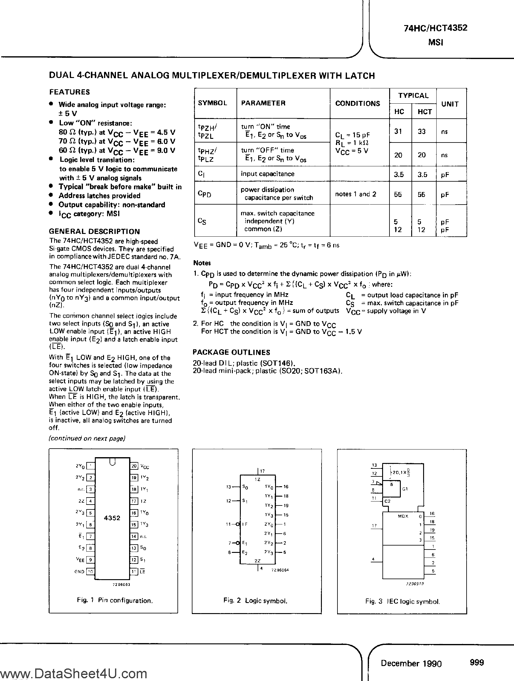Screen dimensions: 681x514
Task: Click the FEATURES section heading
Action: coord(69,92)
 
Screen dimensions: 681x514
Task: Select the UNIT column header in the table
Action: coord(450,104)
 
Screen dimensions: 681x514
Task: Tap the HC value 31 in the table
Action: coord(398,131)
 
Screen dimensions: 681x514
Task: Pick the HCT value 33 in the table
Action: coord(422,131)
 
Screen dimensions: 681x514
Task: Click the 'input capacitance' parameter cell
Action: coord(267,174)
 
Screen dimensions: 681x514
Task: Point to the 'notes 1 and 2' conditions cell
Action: coord(356,194)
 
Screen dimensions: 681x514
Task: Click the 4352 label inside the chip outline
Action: coord(112,518)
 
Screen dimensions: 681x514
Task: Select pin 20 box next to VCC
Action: coord(134,466)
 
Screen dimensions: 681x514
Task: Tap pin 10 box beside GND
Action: coord(90,572)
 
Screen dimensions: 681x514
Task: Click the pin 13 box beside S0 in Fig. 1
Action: coord(134,548)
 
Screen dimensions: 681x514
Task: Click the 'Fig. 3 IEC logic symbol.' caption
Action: coord(402,601)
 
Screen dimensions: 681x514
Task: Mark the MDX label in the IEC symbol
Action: coord(403,516)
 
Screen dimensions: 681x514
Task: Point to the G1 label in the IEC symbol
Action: coord(405,489)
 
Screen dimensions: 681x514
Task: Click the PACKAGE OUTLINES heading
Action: coord(231,352)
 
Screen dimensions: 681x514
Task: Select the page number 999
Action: coord(477,663)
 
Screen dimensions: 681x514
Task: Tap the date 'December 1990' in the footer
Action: coord(411,663)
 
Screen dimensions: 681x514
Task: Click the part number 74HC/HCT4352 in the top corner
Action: coord(435,28)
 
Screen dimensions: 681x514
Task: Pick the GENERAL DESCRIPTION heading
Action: coord(95,231)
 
